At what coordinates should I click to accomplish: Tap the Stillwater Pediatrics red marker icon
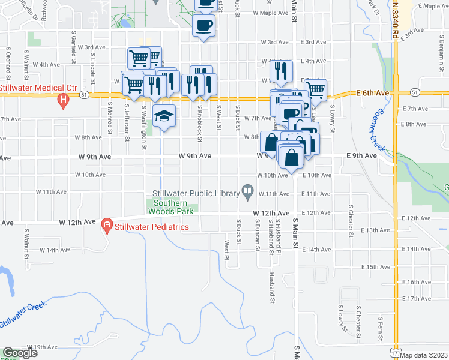(107, 226)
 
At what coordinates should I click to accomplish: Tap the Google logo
(20, 353)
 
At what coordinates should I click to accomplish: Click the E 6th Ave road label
(373, 93)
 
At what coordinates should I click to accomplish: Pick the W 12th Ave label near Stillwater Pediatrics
(77, 222)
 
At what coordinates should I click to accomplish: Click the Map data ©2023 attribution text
(425, 355)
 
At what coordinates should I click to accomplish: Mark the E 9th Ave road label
(362, 155)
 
